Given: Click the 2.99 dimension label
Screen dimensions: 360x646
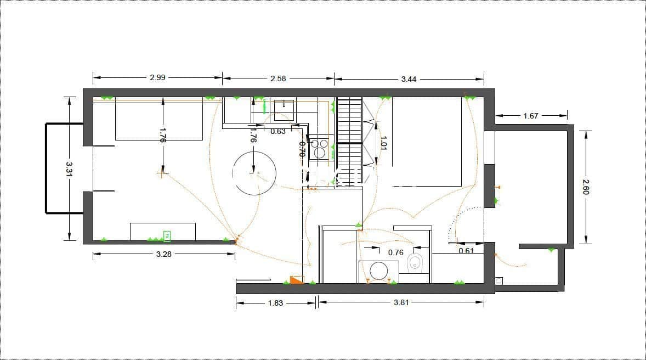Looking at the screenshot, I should point(157,77).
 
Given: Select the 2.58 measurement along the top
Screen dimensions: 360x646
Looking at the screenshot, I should point(278,78).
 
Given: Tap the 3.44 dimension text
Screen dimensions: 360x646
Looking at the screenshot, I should point(409,79).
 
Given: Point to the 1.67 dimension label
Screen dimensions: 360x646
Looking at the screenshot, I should point(531,116).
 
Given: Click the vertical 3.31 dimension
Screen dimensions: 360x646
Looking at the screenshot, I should point(69,168).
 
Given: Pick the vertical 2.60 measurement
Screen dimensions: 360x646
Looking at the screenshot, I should point(585,187).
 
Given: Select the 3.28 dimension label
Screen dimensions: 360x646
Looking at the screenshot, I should point(164,254).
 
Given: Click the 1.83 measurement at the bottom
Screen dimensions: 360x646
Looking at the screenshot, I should point(275,302).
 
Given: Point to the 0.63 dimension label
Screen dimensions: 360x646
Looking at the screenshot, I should point(278,131).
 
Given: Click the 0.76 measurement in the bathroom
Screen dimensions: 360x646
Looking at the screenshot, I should point(395,252).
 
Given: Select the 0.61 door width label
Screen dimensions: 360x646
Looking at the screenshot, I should point(466,251).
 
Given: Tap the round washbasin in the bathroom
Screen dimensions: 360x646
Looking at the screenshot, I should point(378,271).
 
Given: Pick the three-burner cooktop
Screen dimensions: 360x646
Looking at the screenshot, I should point(319,149).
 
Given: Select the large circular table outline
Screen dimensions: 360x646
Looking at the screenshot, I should point(254,173).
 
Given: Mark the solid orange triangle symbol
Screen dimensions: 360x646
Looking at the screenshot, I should point(296,280).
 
